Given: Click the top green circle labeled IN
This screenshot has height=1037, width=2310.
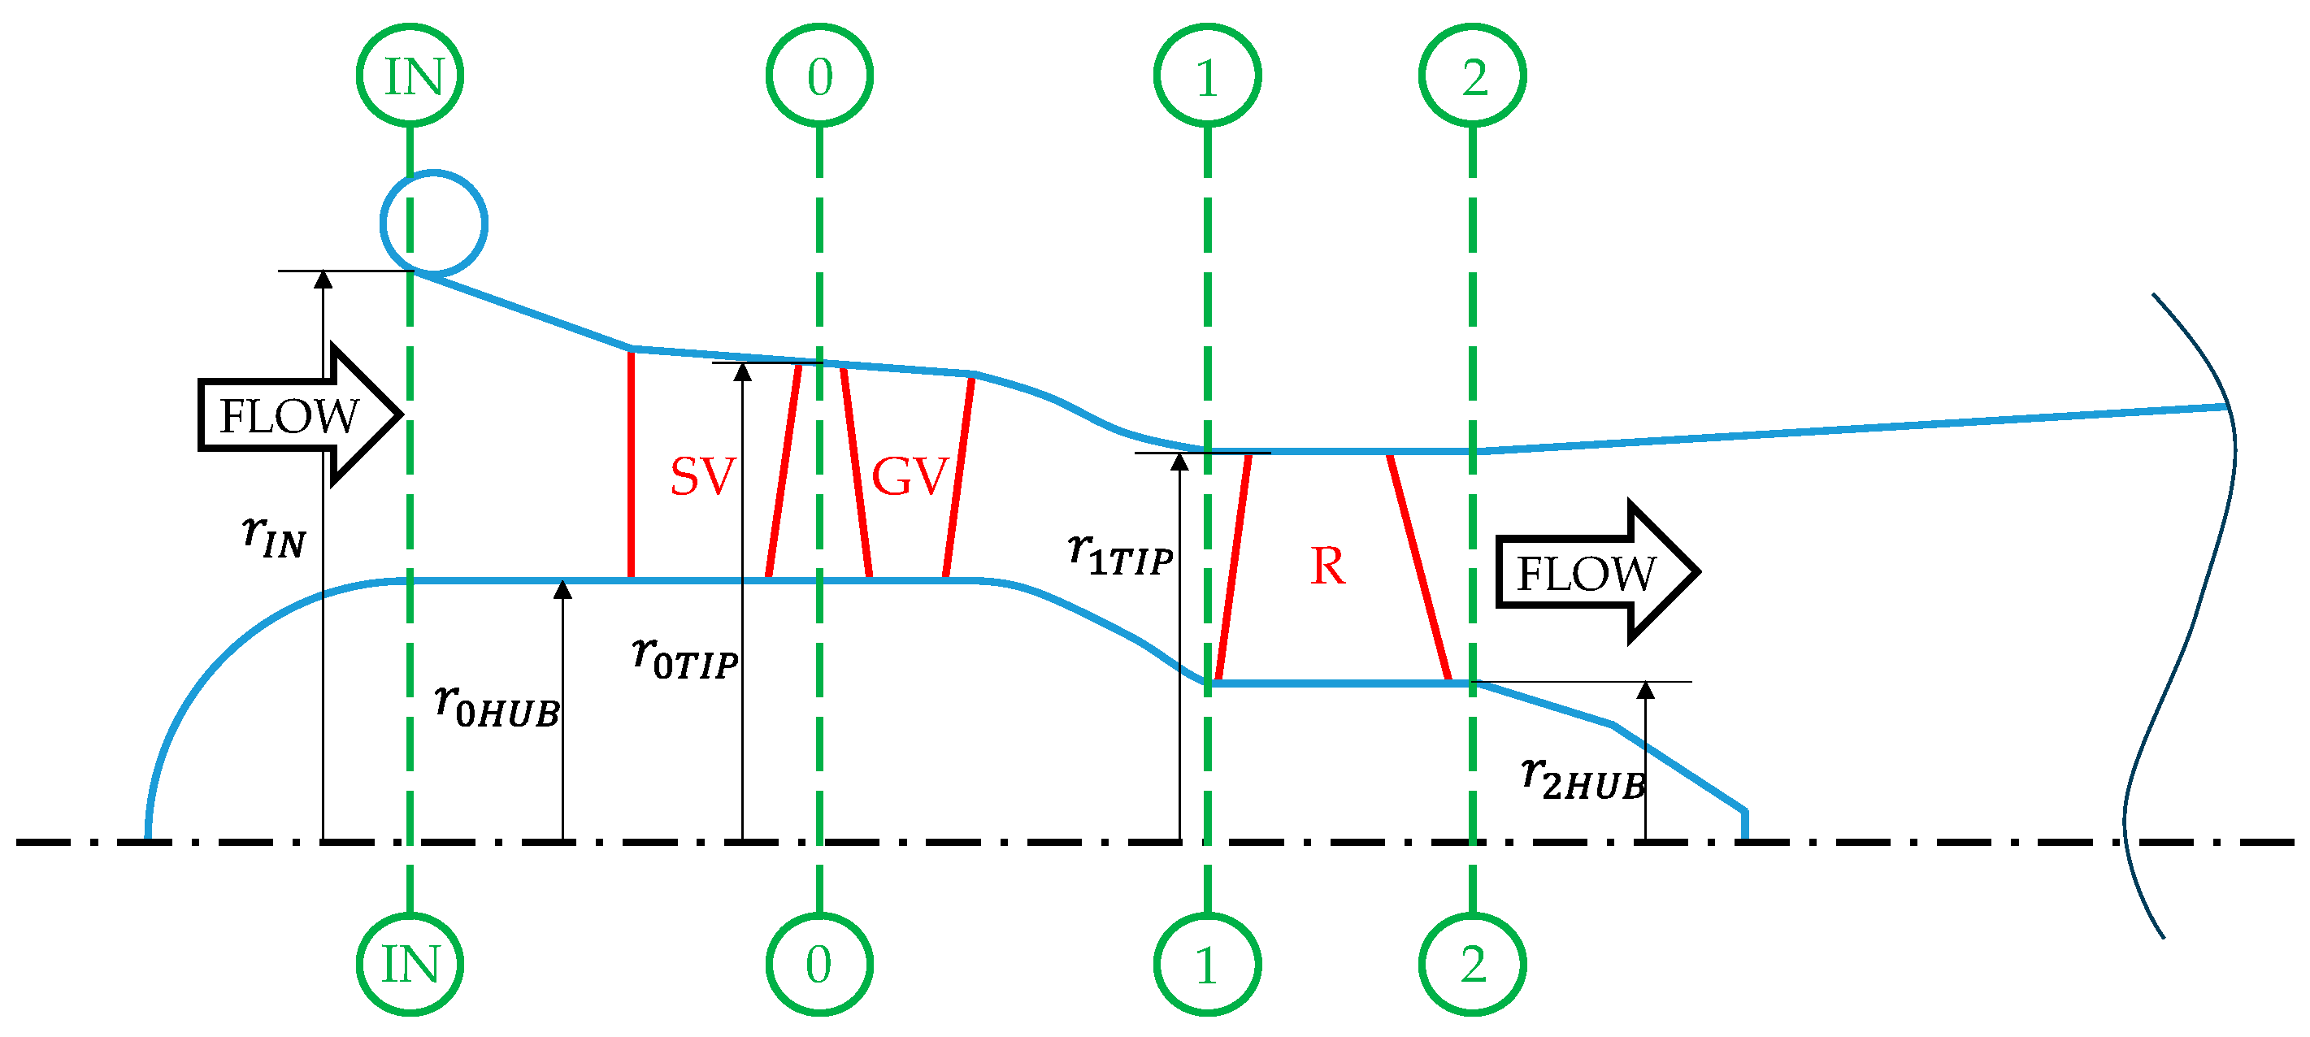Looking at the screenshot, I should click(x=410, y=76).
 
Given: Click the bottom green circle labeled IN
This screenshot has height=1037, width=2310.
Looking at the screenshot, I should click(x=410, y=964).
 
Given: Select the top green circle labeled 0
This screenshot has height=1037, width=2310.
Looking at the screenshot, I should click(x=819, y=76).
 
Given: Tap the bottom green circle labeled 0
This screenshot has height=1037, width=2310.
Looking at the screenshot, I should click(x=819, y=964).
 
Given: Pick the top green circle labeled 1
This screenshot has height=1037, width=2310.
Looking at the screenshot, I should click(x=1207, y=76).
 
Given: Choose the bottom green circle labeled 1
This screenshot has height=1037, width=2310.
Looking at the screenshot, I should click(x=1207, y=964).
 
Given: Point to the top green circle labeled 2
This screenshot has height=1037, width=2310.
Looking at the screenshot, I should click(x=1473, y=76).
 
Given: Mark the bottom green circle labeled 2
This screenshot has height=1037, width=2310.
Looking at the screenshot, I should click(x=1473, y=964).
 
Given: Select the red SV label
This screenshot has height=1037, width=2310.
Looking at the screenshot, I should click(x=702, y=476).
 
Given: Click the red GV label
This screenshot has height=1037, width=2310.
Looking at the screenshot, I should click(x=910, y=476).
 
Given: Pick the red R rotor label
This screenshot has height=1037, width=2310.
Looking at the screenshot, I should click(x=1327, y=566).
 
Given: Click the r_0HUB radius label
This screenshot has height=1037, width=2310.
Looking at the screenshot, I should click(x=496, y=705).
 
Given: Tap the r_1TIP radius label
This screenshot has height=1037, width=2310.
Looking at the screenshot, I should click(x=1120, y=553).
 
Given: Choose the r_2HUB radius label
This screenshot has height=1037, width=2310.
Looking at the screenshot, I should click(x=1583, y=777).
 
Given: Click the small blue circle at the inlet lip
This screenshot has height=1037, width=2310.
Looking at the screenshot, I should click(x=434, y=223).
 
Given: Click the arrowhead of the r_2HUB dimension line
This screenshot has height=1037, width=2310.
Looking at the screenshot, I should click(x=1645, y=690).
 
